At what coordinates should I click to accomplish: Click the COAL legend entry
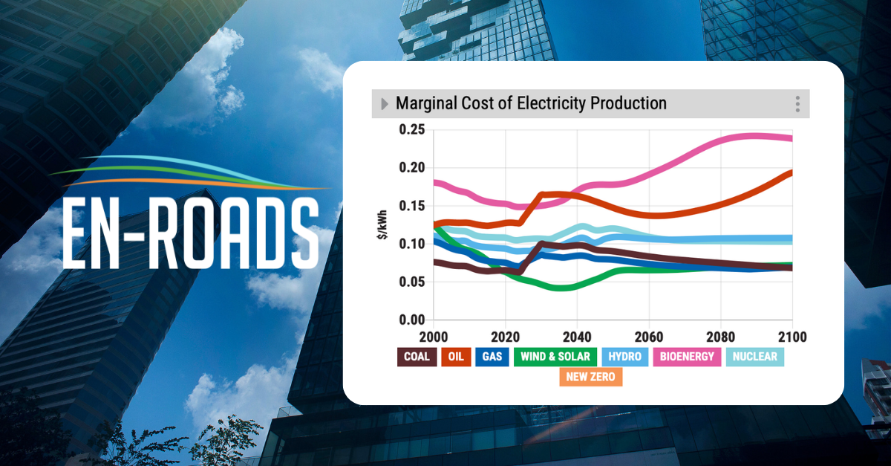coord(417,357)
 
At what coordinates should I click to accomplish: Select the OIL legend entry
coord(455,357)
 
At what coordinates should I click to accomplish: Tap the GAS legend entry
coord(492,357)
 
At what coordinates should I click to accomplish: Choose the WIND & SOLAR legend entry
coord(555,357)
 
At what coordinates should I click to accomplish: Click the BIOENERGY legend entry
coord(687,357)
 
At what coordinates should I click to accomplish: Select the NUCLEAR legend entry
coord(754,357)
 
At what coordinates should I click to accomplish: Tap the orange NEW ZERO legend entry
coord(591,377)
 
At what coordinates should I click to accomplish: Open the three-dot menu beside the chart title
coord(797,104)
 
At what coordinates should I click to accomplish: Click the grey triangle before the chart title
coord(384,104)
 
